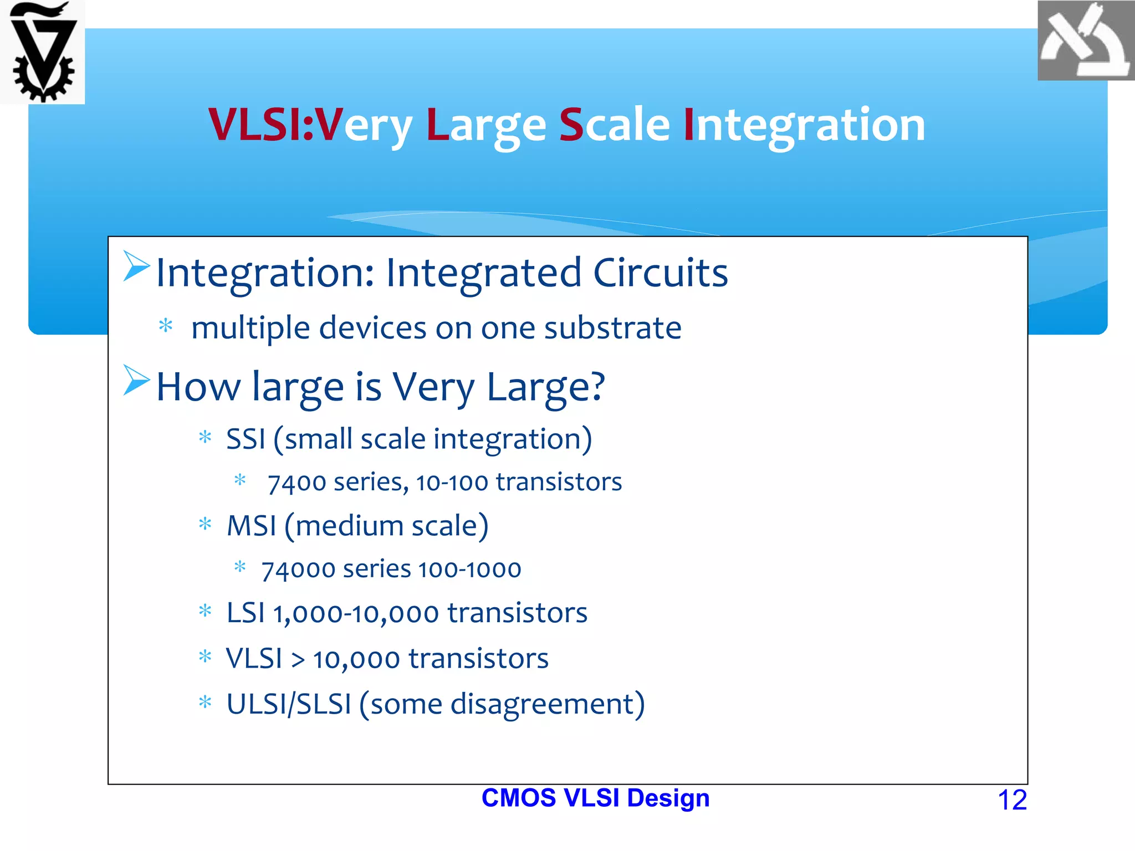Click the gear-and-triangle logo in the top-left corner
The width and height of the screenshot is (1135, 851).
[43, 53]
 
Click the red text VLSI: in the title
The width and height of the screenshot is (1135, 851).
[261, 125]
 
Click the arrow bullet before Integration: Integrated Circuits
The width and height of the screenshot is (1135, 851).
[136, 266]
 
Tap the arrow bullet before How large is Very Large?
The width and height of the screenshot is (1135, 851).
[136, 381]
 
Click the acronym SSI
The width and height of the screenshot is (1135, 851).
[246, 439]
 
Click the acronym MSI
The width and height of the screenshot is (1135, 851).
[251, 526]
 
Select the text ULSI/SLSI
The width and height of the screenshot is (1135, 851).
[289, 705]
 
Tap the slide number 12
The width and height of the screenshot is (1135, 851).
[1012, 800]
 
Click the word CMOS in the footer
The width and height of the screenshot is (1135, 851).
[518, 798]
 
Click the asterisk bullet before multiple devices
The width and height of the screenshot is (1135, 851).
[166, 326]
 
